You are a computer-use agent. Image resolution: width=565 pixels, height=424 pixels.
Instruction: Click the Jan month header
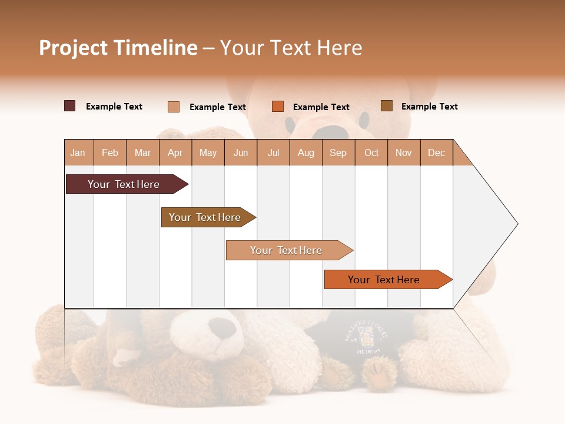(x=78, y=153)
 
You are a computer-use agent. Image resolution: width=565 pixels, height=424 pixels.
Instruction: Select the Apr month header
(x=175, y=153)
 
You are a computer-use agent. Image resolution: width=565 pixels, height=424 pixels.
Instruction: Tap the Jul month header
(x=273, y=153)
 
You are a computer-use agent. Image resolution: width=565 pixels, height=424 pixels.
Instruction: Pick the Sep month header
(x=338, y=153)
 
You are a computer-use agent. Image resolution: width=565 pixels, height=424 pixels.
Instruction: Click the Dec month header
(x=436, y=153)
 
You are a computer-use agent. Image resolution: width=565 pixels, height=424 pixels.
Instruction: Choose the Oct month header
(x=371, y=153)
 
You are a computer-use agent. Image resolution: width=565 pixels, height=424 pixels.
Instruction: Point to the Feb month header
(x=110, y=153)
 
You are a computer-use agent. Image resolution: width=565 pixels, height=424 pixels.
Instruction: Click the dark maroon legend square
(x=70, y=106)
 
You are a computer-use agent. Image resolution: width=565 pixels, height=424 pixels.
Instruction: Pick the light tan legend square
(x=174, y=107)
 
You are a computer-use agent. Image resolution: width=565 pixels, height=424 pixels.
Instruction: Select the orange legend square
(x=278, y=107)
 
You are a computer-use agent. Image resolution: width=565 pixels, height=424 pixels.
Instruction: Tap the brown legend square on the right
(x=386, y=106)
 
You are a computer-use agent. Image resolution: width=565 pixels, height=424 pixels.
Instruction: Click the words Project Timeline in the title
(x=118, y=48)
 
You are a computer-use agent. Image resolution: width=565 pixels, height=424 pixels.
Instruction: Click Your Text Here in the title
(x=291, y=48)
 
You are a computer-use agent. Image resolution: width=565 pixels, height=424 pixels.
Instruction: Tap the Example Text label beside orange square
(x=321, y=107)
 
